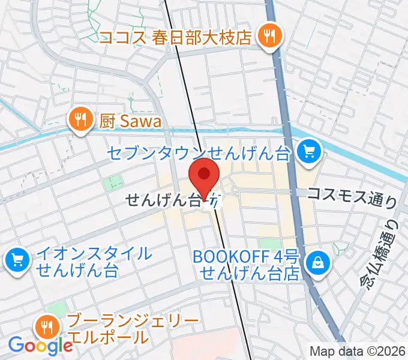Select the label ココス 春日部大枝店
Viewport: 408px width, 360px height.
175,38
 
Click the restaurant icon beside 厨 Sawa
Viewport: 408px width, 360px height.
79,119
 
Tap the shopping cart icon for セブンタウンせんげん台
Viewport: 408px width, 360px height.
309,151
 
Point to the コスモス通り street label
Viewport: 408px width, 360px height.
351,195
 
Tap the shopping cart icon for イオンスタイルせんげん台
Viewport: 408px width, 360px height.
16,260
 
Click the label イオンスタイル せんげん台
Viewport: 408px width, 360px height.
94,260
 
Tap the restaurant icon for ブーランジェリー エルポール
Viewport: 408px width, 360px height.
46,326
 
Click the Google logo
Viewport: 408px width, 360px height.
40,345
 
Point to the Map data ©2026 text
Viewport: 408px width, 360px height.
358,352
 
